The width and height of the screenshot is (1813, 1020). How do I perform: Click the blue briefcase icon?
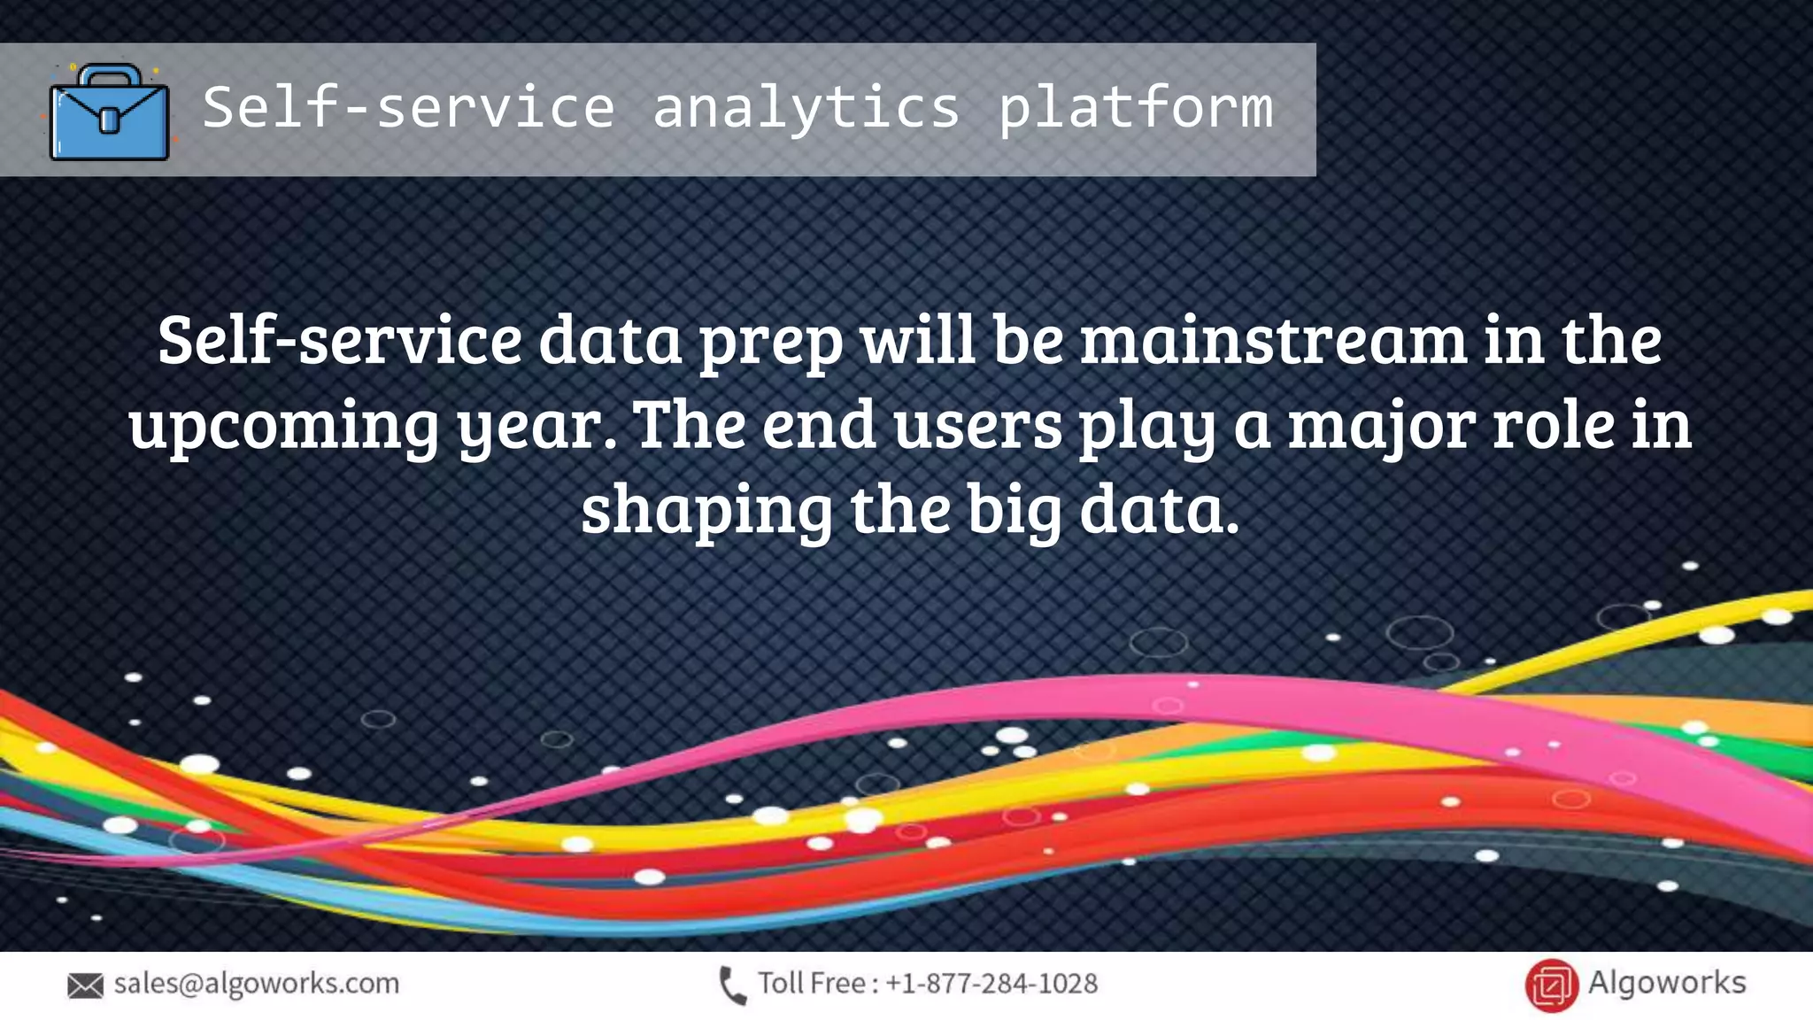(x=109, y=112)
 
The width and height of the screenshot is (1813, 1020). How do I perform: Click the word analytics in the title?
(x=806, y=108)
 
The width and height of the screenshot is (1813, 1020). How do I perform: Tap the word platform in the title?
(x=1136, y=108)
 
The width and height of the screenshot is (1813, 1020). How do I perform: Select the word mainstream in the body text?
(x=1273, y=340)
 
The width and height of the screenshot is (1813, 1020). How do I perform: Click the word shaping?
(x=706, y=510)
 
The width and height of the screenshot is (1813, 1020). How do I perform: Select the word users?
(x=977, y=425)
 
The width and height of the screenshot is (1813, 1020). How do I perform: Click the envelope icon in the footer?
(x=85, y=985)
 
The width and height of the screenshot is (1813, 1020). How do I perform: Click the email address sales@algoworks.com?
(x=257, y=984)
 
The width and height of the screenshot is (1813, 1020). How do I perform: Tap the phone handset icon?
(x=733, y=985)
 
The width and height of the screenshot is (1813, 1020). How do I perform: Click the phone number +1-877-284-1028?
(x=991, y=984)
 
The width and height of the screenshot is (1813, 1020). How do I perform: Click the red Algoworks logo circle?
(x=1551, y=985)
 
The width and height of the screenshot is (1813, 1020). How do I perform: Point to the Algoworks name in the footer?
(x=1666, y=983)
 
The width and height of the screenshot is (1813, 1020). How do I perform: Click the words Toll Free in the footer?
(x=811, y=984)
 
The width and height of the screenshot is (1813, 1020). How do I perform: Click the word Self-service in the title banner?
(x=408, y=108)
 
